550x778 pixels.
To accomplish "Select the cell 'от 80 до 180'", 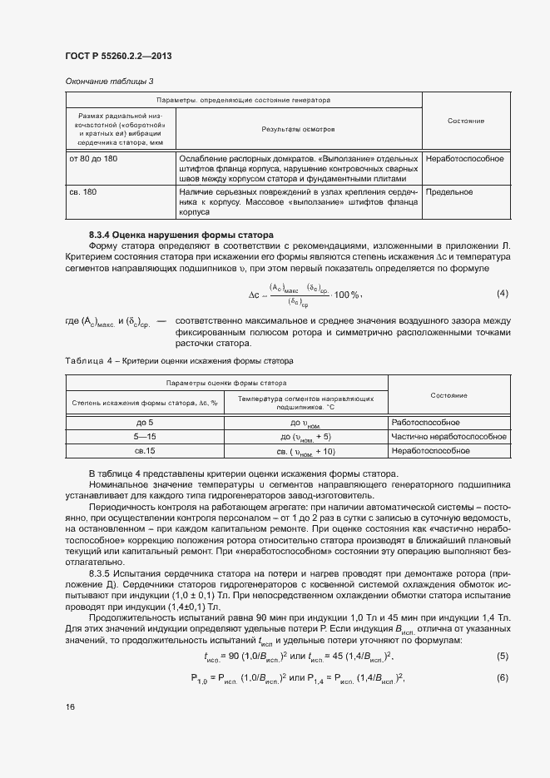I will pos(94,158).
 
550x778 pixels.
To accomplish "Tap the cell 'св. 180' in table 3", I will pos(82,192).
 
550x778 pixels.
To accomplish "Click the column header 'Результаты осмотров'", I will pos(299,129).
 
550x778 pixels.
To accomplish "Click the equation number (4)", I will pos(502,294).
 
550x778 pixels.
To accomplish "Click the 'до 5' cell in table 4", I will pos(145,423).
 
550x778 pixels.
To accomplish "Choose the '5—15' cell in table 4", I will pos(145,436).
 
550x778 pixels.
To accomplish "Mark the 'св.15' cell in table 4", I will pos(145,450).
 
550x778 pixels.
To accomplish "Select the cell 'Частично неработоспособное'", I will pos(448,436).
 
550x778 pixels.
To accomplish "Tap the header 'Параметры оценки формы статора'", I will pos(226,383).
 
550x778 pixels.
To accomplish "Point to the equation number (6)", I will pos(502,676).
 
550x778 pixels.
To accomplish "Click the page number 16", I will pos(70,706).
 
